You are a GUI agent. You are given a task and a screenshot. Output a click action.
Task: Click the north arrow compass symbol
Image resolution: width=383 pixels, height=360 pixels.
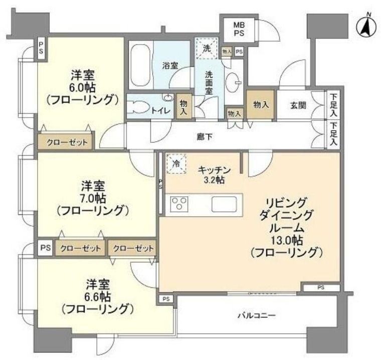pyautogui.click(x=366, y=28)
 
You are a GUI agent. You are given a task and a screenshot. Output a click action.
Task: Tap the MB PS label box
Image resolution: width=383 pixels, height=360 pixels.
pyautogui.click(x=239, y=29)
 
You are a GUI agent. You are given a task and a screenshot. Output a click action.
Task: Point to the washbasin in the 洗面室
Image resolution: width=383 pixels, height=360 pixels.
pyautogui.click(x=233, y=80)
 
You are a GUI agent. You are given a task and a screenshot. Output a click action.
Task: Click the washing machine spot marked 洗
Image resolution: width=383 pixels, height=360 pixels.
pyautogui.click(x=207, y=48)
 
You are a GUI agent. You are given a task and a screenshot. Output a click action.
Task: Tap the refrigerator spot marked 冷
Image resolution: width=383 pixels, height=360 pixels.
pyautogui.click(x=176, y=164)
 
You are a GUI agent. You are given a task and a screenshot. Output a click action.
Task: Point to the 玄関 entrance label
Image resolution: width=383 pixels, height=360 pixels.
pyautogui.click(x=298, y=106)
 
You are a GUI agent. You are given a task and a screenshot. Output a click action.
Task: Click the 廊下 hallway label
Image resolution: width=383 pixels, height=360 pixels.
pyautogui.click(x=205, y=137)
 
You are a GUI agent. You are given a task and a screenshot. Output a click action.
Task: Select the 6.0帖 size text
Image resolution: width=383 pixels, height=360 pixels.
pyautogui.click(x=82, y=87)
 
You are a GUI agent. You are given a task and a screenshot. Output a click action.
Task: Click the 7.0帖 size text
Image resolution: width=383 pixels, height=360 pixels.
pyautogui.click(x=93, y=198)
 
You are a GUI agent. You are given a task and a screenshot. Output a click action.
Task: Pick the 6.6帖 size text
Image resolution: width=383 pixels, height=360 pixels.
pyautogui.click(x=98, y=297)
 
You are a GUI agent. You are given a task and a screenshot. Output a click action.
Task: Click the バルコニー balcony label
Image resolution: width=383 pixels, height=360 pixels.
pyautogui.click(x=257, y=315)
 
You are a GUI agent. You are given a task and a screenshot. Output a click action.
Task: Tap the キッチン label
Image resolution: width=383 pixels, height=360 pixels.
pyautogui.click(x=214, y=170)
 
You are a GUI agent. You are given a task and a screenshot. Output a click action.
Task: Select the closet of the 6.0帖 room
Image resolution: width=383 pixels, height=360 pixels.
pyautogui.click(x=65, y=142)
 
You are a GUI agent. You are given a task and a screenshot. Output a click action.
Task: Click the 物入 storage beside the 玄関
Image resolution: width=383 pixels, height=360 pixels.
pyautogui.click(x=261, y=105)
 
